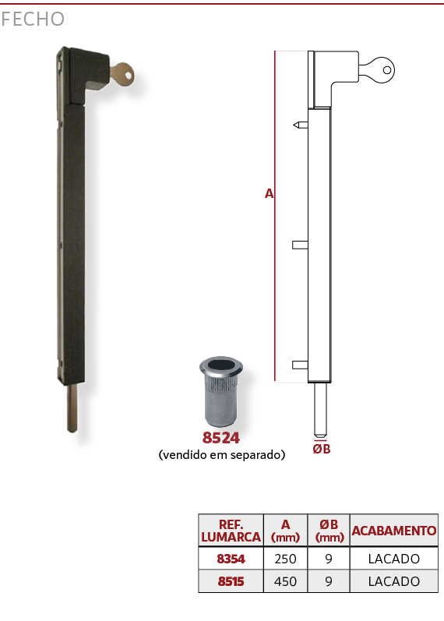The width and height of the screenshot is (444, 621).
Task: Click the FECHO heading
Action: (x=33, y=19)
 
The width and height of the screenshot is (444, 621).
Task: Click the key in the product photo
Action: (x=122, y=75)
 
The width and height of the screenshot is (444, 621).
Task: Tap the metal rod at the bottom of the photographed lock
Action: (x=72, y=408)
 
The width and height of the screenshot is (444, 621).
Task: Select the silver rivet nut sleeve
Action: (x=221, y=391)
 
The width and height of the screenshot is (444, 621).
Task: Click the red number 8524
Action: (x=221, y=438)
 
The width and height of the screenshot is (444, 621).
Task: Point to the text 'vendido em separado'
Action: (x=222, y=455)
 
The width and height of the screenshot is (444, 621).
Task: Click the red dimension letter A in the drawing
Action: (x=269, y=193)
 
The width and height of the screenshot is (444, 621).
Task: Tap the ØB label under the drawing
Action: (x=321, y=449)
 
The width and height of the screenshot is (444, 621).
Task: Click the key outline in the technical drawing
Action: (x=377, y=70)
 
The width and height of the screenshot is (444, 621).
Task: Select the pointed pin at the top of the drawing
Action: (x=300, y=125)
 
